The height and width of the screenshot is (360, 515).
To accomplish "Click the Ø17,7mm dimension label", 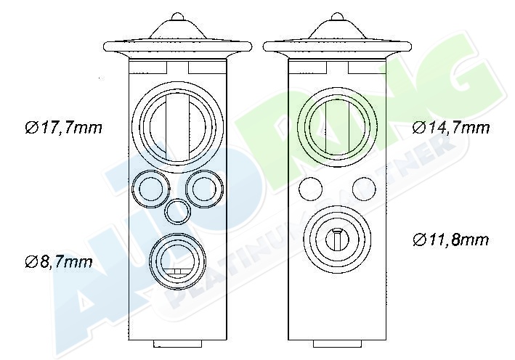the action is [64, 127].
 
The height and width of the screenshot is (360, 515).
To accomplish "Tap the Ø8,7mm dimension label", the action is [59, 261].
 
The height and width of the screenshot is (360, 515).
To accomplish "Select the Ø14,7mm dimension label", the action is [451, 127].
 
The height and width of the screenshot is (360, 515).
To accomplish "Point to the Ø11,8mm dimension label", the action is [450, 240].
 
